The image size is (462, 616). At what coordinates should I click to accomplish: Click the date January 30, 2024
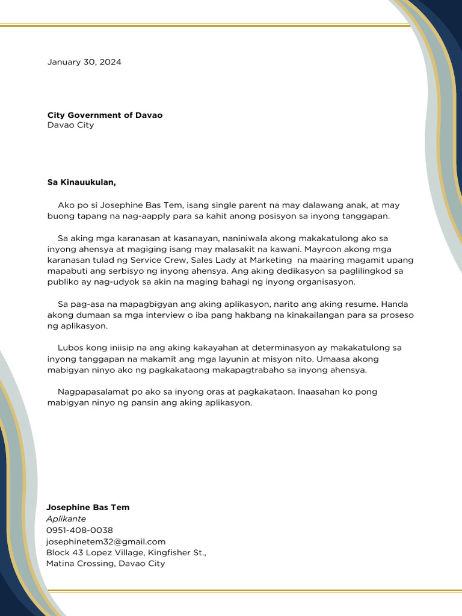coord(84,62)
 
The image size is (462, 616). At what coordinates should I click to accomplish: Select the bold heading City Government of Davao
coord(105,115)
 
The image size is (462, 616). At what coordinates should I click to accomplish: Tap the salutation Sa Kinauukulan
coord(81,182)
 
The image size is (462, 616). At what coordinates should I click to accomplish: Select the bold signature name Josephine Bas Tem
coord(88,507)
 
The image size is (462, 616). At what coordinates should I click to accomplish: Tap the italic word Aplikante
coord(66,519)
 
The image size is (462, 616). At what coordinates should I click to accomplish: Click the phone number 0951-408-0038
coord(79,530)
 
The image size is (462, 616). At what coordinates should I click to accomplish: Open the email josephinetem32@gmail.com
coord(106,541)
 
